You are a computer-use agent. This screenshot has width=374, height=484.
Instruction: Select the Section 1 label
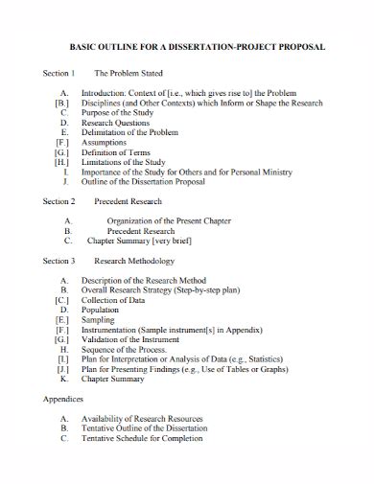tap(58, 73)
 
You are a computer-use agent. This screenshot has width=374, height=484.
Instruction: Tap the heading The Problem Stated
tap(129, 73)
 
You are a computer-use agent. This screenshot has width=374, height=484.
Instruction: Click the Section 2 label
tap(58, 202)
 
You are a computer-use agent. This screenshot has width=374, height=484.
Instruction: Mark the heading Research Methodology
tap(133, 261)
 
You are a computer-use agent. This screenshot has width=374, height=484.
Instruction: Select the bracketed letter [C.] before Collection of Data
tap(62, 300)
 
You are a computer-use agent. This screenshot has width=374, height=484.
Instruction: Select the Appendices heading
tap(62, 397)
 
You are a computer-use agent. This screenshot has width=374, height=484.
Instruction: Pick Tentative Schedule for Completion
tap(152, 438)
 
